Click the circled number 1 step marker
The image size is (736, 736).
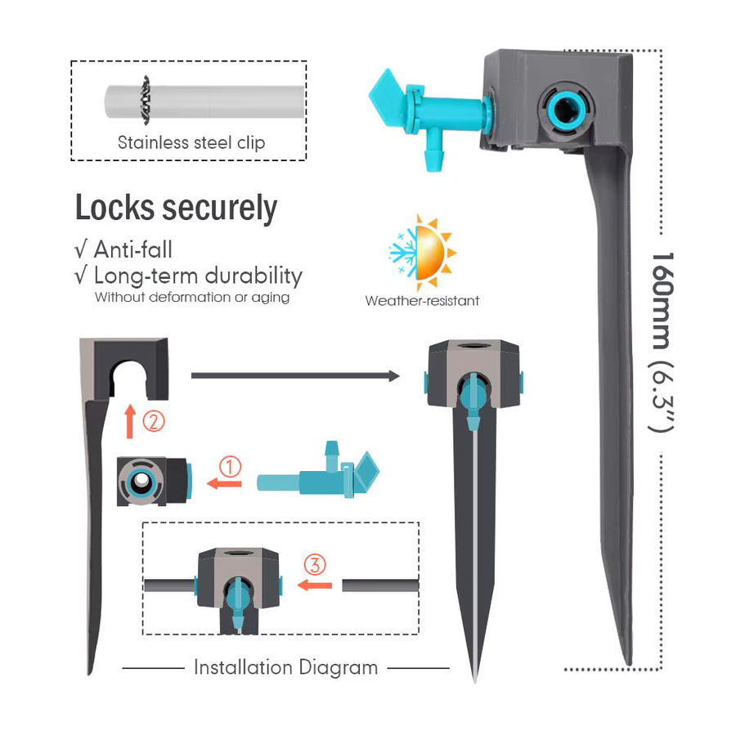(230, 467)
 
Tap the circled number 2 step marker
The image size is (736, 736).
(154, 421)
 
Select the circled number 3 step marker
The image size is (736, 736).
(315, 564)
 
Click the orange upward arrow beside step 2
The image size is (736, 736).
(130, 421)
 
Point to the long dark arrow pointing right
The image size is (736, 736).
(295, 375)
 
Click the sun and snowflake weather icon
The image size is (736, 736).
(422, 253)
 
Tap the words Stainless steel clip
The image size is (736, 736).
(191, 142)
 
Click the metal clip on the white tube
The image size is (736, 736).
(146, 101)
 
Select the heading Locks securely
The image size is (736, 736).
(176, 208)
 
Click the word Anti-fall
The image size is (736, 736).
(132, 249)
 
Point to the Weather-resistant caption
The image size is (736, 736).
(422, 300)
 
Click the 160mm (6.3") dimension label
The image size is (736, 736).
(662, 342)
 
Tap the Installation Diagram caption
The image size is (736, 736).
(286, 667)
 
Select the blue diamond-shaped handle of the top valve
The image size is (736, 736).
(384, 100)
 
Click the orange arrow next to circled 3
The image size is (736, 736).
(315, 586)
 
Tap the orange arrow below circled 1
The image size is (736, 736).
(224, 483)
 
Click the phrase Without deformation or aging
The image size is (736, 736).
(192, 297)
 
